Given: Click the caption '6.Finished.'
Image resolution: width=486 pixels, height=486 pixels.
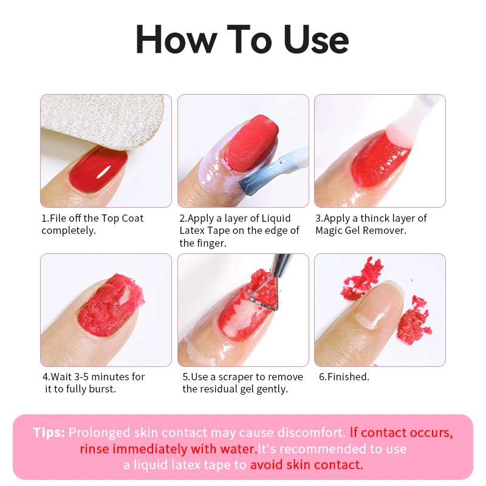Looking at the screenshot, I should [x=344, y=377].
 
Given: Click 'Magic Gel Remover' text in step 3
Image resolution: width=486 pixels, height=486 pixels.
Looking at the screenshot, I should [x=361, y=231].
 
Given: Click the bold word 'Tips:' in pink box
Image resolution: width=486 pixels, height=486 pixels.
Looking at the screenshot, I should [x=49, y=433].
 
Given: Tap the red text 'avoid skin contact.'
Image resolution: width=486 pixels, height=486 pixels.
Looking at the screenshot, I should [x=306, y=465].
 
